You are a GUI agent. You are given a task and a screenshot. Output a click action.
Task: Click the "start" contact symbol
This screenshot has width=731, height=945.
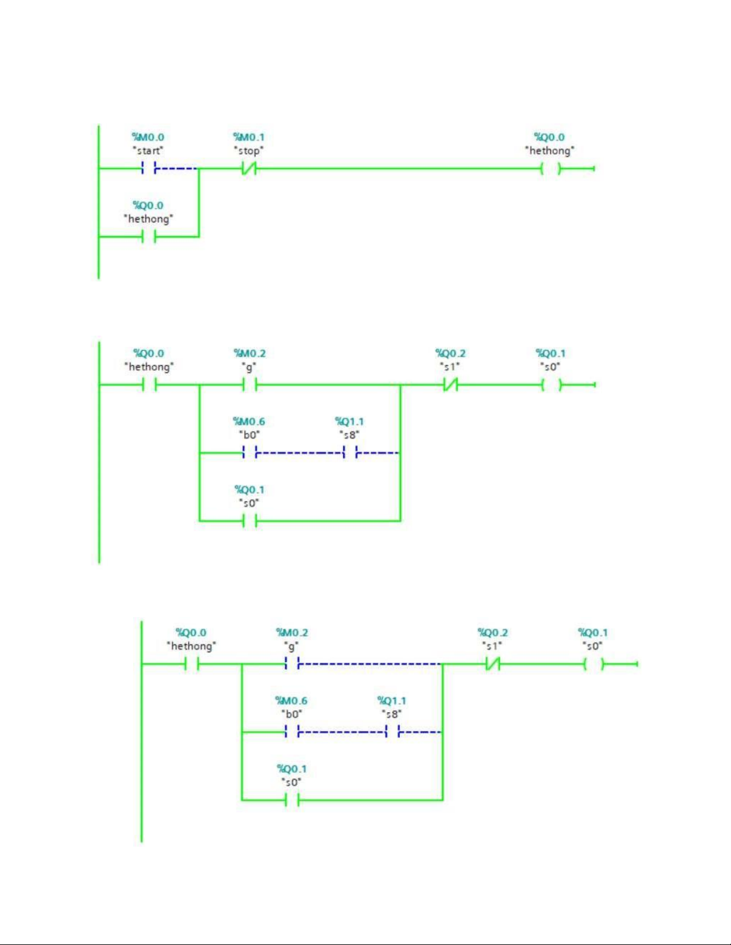point(149,168)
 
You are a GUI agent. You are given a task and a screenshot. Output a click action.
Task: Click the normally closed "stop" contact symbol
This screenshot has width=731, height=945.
point(249,168)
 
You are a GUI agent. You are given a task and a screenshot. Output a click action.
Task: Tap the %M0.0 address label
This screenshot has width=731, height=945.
point(149,137)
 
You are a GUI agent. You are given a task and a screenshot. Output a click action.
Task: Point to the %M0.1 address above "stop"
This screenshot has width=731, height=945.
point(249,137)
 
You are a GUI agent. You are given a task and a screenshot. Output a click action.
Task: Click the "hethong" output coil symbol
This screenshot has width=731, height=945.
point(550,168)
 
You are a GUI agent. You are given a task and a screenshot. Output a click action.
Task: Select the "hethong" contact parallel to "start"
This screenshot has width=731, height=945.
point(149,237)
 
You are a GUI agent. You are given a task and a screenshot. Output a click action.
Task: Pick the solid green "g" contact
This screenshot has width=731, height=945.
point(250,385)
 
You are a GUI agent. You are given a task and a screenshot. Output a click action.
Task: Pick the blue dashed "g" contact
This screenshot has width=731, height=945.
point(292,664)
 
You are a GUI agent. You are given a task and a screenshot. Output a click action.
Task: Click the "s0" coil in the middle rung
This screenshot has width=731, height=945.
point(551,385)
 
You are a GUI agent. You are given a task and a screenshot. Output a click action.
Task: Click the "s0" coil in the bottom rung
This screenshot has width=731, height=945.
point(594,664)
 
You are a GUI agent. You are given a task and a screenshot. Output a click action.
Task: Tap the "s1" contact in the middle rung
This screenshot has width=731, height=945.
point(451,385)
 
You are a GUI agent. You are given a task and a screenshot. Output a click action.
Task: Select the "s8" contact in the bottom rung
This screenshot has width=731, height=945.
point(393,732)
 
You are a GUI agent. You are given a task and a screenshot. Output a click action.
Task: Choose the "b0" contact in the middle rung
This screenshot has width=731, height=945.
point(250,453)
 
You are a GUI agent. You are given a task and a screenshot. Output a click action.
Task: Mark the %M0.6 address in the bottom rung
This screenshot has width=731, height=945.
point(292,701)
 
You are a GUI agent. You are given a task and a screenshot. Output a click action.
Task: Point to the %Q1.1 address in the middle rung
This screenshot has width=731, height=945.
point(350,422)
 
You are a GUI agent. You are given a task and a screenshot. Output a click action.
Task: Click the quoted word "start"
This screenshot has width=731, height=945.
point(148,151)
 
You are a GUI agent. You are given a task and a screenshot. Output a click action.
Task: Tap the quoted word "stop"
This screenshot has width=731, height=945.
point(249,151)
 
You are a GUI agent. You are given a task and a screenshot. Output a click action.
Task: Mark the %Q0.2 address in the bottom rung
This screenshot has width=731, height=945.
point(493,633)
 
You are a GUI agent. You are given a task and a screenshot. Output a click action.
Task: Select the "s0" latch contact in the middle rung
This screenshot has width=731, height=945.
point(250,520)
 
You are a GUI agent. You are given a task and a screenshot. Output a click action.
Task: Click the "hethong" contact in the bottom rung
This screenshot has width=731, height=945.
point(192,664)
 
